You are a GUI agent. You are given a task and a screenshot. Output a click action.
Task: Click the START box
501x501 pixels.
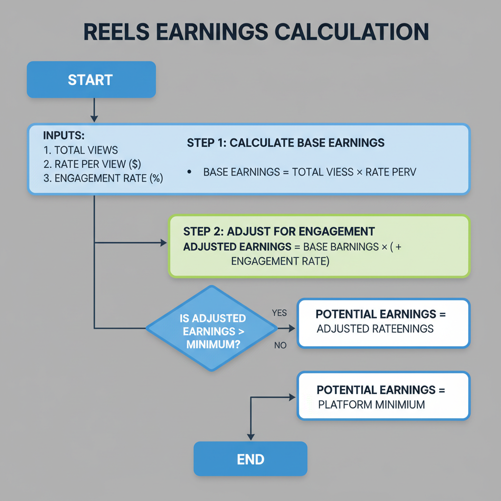click(x=91, y=80)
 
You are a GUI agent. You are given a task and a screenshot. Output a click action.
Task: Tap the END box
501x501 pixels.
click(x=250, y=459)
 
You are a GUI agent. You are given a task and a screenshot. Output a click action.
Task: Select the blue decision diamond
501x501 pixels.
click(x=212, y=328)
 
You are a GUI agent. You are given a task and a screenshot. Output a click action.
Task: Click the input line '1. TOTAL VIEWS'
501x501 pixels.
click(x=81, y=150)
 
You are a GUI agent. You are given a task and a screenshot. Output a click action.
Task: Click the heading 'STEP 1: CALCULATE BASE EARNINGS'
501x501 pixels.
click(x=286, y=143)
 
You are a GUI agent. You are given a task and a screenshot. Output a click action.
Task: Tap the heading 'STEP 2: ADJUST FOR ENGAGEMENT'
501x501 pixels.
click(x=279, y=231)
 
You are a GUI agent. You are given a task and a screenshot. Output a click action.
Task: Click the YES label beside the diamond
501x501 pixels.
click(x=279, y=313)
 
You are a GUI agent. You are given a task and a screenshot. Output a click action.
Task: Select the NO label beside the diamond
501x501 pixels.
click(x=280, y=345)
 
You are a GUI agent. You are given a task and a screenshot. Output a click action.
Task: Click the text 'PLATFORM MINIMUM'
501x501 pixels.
click(x=371, y=405)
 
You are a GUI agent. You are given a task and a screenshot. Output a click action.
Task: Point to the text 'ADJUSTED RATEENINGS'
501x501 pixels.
click(x=375, y=329)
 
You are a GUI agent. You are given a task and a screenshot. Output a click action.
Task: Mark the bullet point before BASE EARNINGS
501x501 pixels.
click(x=189, y=172)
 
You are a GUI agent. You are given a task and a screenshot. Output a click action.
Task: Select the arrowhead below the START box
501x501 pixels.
click(x=94, y=118)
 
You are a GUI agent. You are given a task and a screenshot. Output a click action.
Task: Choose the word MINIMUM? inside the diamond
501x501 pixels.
click(x=212, y=344)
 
